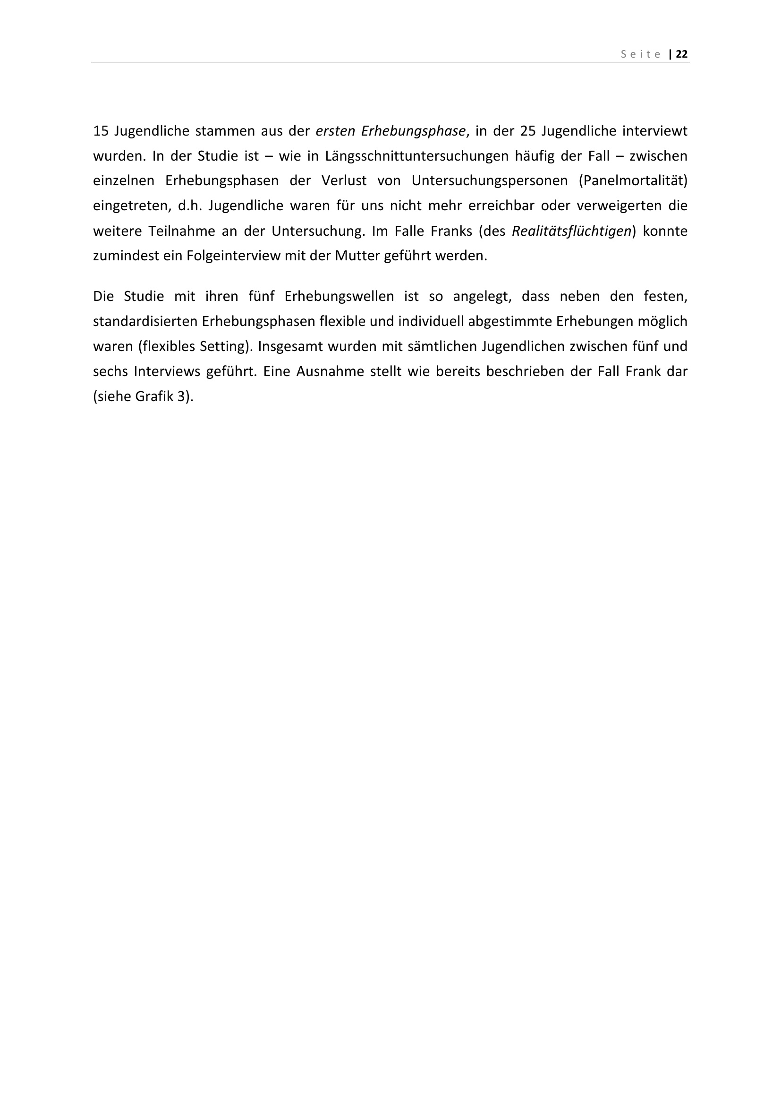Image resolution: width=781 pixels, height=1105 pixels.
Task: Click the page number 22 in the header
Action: tap(681, 54)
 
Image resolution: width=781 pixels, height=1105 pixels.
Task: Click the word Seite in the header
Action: tap(641, 54)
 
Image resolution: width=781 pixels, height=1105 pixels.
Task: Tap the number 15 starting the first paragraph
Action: tap(100, 131)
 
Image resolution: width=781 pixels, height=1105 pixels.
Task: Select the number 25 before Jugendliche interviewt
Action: tap(528, 131)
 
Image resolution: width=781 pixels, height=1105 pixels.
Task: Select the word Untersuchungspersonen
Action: tap(486, 181)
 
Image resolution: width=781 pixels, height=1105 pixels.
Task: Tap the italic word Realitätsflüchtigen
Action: tap(571, 231)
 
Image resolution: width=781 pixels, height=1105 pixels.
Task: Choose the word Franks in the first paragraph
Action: tap(451, 231)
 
